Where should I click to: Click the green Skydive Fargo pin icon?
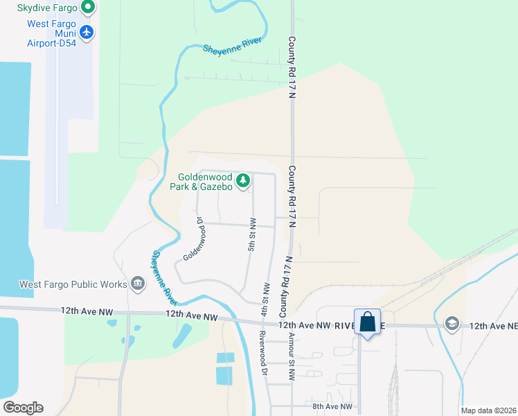(x=87, y=8)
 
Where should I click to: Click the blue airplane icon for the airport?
(x=87, y=32)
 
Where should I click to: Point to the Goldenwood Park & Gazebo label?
(x=202, y=182)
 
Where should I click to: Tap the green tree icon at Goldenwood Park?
(x=242, y=182)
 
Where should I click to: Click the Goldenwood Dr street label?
(x=195, y=239)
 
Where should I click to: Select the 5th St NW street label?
(x=252, y=234)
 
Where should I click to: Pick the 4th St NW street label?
(x=265, y=298)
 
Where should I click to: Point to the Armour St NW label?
(x=292, y=357)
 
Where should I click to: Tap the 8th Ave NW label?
(x=332, y=406)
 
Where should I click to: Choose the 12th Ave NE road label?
(x=493, y=325)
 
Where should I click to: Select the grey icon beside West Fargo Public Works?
(x=137, y=283)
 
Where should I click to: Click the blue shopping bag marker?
(x=367, y=322)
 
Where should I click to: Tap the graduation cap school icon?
(x=452, y=324)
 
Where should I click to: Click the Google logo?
(x=23, y=407)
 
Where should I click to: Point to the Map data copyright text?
(x=489, y=410)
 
